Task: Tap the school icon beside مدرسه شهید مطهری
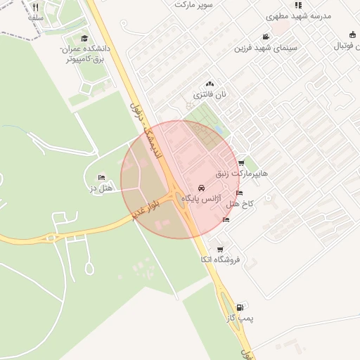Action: pyautogui.click(x=298, y=5)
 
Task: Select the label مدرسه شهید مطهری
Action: pyautogui.click(x=297, y=15)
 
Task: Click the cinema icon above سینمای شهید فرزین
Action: pyautogui.click(x=265, y=37)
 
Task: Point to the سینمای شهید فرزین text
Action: pyautogui.click(x=265, y=47)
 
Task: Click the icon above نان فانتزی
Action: pyautogui.click(x=209, y=84)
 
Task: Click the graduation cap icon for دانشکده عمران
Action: pyautogui.click(x=85, y=39)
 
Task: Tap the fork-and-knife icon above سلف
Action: pyautogui.click(x=36, y=7)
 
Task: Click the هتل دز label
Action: pyautogui.click(x=102, y=188)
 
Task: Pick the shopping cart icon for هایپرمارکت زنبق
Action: pyautogui.click(x=241, y=162)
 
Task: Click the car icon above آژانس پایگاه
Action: pyautogui.click(x=202, y=188)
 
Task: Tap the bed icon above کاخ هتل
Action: pyautogui.click(x=240, y=193)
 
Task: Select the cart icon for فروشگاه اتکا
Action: pyautogui.click(x=220, y=249)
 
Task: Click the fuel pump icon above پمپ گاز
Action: pyautogui.click(x=241, y=307)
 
